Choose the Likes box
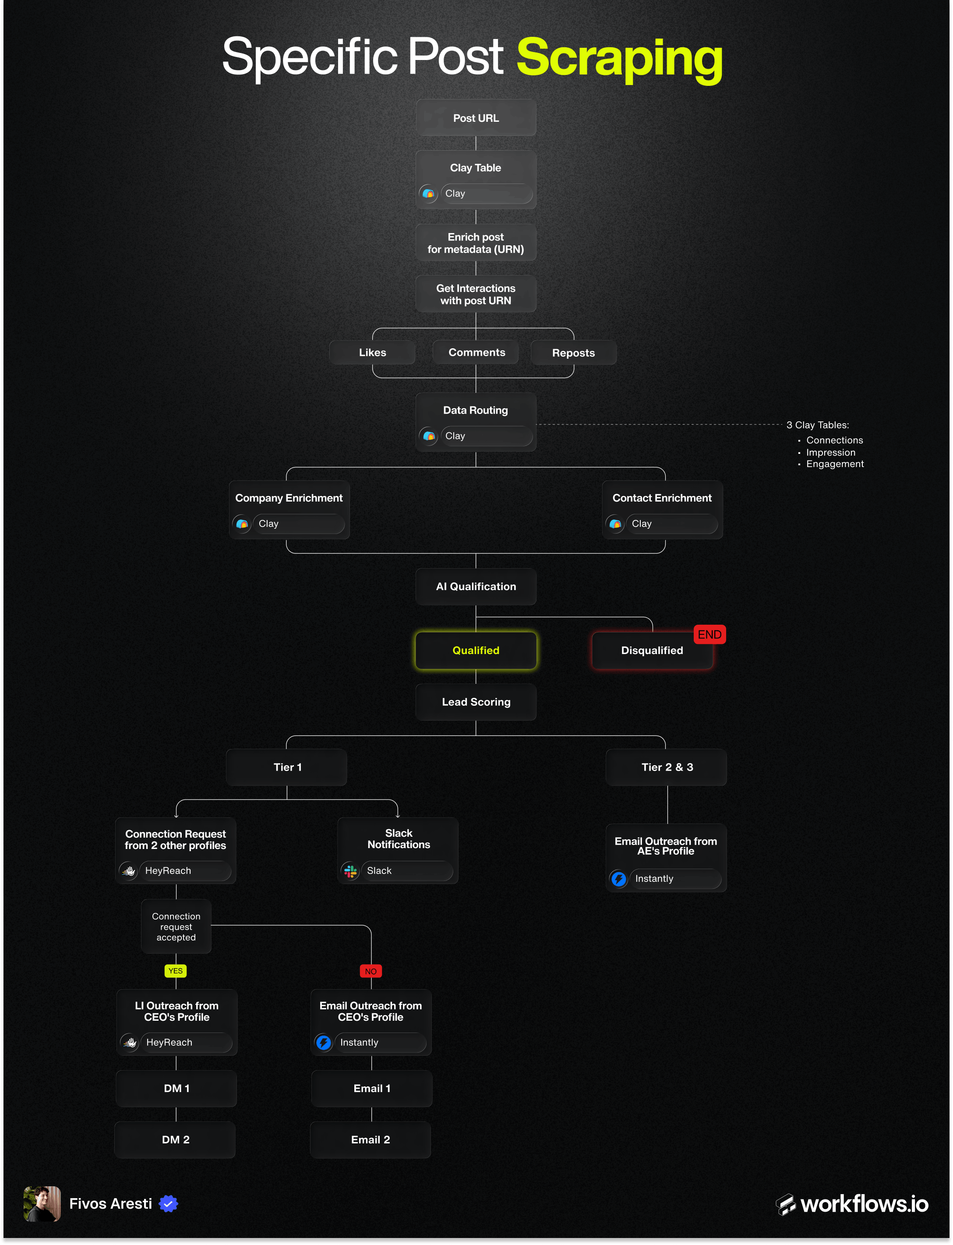click(372, 352)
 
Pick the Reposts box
click(573, 353)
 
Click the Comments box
click(476, 352)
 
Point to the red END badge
click(709, 634)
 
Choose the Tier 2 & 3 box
click(667, 767)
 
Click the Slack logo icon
click(350, 871)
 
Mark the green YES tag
click(175, 971)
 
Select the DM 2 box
click(175, 1139)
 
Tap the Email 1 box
click(371, 1088)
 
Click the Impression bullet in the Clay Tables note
click(830, 452)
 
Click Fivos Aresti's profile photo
click(42, 1203)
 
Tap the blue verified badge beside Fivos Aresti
click(169, 1203)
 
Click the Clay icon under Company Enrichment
click(242, 524)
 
